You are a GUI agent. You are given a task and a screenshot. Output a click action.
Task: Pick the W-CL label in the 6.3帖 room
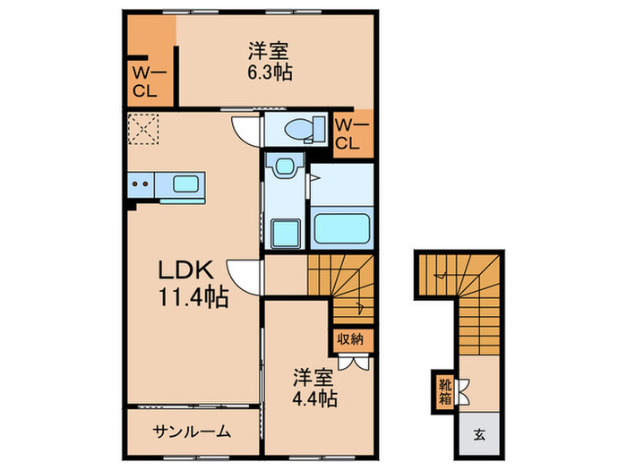pos(143,82)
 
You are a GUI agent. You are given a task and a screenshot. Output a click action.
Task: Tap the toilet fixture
pos(304,131)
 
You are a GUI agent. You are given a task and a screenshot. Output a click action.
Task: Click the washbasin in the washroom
pos(286,167)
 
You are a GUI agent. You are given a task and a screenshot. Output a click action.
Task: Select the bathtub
pos(342,230)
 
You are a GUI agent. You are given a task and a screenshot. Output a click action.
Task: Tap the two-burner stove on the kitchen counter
pos(141,186)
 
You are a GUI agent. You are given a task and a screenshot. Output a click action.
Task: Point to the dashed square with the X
pos(142,130)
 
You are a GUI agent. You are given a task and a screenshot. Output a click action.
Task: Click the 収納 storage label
pos(350,338)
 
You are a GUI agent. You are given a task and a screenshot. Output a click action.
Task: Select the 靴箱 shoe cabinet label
pos(444,391)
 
